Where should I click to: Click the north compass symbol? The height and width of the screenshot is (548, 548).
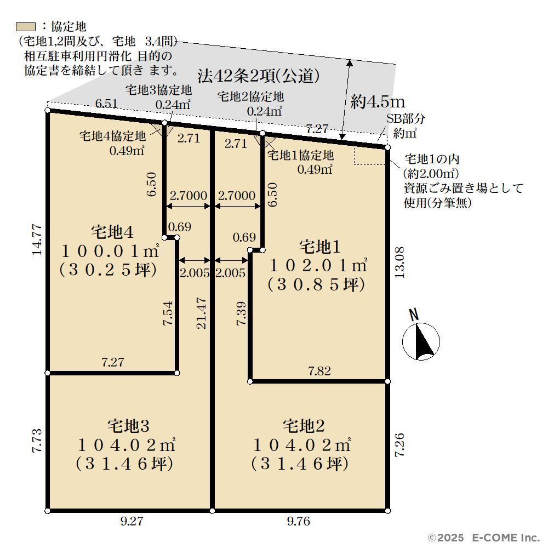pos(421,341)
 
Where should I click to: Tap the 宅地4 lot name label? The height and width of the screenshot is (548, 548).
pos(112,232)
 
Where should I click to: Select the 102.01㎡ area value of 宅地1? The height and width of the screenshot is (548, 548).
pos(318,266)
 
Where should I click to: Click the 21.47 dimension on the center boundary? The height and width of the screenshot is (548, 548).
pos(202,313)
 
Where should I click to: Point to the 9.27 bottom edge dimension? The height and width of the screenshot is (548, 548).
pos(132,521)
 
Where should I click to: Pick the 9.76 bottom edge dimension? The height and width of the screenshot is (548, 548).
pos(299,521)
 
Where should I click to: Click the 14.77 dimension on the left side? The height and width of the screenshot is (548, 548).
pos(37,240)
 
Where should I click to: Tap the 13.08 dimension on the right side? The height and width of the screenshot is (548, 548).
pos(399,262)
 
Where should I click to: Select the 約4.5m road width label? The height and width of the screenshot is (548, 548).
pos(378,101)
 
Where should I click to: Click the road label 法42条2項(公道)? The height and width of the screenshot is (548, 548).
pos(259,76)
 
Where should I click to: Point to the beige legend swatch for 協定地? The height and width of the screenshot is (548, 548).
pos(26,26)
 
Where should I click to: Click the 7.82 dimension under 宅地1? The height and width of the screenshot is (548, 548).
pos(319,371)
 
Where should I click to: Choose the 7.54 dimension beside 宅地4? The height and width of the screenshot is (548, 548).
pos(168,313)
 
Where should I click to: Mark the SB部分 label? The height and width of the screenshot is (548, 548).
pos(406,118)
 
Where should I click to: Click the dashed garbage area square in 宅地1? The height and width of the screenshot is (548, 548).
pos(370,156)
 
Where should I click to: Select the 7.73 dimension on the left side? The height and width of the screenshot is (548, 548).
pos(37,441)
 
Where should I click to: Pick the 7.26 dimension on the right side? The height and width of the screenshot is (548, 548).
pos(399,444)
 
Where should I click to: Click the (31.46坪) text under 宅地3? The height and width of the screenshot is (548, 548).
pos(125,464)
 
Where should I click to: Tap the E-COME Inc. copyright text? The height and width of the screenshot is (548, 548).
pos(506,538)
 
